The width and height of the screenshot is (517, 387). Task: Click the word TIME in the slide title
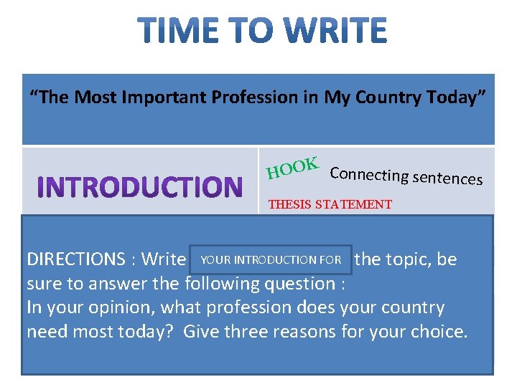click(x=180, y=31)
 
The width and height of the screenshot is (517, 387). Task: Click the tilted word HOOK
click(x=291, y=168)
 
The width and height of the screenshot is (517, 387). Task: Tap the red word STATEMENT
click(x=357, y=204)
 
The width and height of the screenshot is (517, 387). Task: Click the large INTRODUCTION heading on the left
click(x=140, y=188)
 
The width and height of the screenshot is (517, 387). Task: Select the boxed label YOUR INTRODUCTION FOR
click(x=271, y=259)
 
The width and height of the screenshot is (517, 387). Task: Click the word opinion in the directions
click(x=124, y=308)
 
